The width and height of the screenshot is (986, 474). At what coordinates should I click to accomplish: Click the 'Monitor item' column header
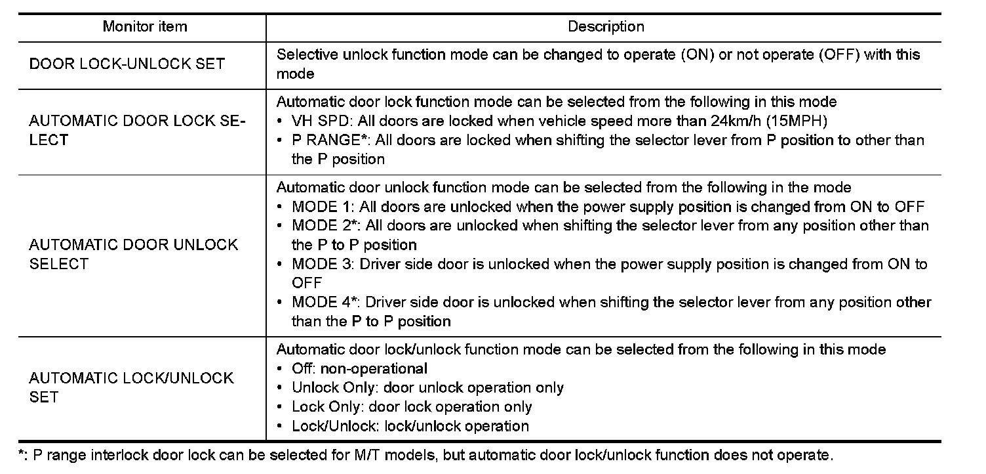coord(144,27)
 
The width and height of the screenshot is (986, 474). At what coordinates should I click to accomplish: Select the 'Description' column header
coord(605,27)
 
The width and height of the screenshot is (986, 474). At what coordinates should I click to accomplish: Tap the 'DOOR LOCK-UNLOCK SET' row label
coord(127,64)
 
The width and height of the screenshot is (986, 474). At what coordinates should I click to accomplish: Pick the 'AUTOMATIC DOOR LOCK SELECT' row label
coord(136,130)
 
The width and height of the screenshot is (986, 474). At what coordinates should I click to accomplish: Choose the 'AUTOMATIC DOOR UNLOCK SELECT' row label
coord(133,254)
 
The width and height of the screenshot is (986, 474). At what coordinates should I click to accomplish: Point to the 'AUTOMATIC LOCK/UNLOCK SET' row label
coord(131,387)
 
